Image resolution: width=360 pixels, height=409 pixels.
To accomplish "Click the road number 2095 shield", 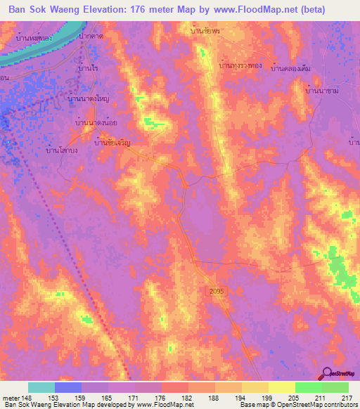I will (216, 290).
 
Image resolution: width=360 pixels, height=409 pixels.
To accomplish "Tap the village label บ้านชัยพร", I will (205, 31).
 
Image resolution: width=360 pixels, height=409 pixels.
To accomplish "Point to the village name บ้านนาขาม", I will (323, 91).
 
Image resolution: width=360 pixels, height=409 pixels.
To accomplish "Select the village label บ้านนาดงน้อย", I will (97, 123).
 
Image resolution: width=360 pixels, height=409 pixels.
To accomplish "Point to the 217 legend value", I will (345, 398).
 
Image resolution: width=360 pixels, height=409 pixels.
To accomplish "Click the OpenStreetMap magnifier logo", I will (327, 372).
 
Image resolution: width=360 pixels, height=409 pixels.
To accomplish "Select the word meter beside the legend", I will (10, 398).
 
